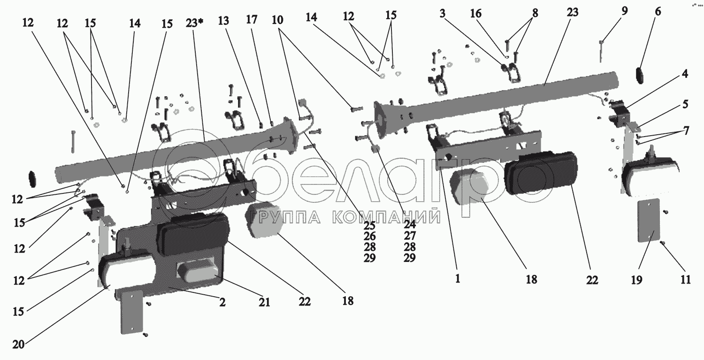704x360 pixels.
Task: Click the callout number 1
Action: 458,278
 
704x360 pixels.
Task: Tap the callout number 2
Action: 222,303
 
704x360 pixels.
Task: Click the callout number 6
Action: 658,12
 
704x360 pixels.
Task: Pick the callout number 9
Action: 624,12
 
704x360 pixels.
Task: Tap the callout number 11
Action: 686,280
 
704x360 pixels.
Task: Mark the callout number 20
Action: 18,344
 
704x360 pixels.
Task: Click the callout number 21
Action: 265,303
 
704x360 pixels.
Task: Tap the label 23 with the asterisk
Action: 194,23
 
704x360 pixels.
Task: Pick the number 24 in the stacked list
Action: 410,224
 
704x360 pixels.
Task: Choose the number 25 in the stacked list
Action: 369,224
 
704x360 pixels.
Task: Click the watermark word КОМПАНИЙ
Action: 385,217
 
